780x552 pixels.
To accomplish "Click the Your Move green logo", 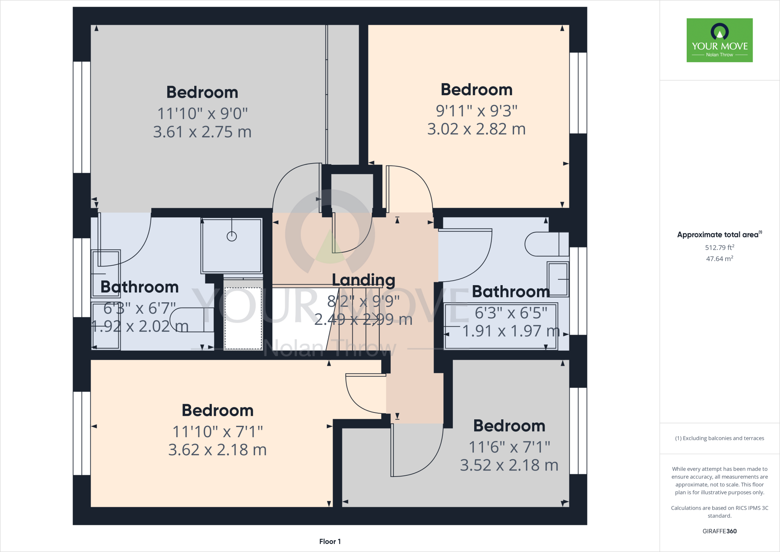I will pos(719,40).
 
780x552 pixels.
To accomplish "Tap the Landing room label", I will pos(363,280).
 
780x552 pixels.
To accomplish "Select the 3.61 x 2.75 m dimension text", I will pos(202,132).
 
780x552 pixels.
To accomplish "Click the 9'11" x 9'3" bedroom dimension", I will pos(476,111).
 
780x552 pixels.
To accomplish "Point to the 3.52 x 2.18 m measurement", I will pos(509,465).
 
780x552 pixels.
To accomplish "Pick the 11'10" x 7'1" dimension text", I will pos(217,432).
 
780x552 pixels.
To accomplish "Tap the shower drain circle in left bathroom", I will pos(232,236).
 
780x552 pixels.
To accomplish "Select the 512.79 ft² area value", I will pos(719,247).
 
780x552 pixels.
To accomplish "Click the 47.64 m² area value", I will pos(719,258).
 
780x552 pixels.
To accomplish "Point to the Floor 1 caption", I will pos(330,541).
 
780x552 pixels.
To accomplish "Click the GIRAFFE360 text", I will pos(719,531).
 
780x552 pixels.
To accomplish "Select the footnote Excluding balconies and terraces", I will pos(719,438).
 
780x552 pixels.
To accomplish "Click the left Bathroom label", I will pos(139,287).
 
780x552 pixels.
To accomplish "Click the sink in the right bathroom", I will pos(558,279).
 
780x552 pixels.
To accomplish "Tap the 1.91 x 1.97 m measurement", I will pos(510,331).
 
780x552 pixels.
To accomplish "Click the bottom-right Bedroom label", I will pos(509,426).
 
